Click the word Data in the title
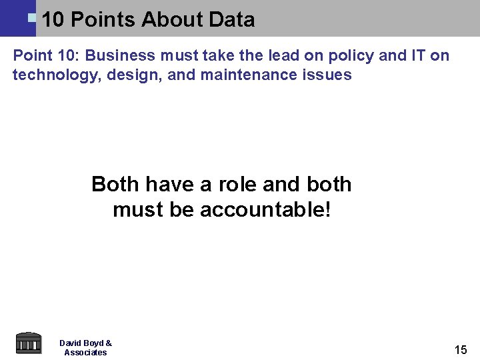[231, 19]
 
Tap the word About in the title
[172, 19]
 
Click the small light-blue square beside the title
[31, 16]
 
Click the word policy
[353, 55]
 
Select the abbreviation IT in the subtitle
[418, 55]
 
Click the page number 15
[461, 349]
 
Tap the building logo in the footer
[28, 343]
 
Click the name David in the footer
[70, 343]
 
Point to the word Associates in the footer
[85, 353]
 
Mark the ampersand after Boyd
[109, 343]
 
